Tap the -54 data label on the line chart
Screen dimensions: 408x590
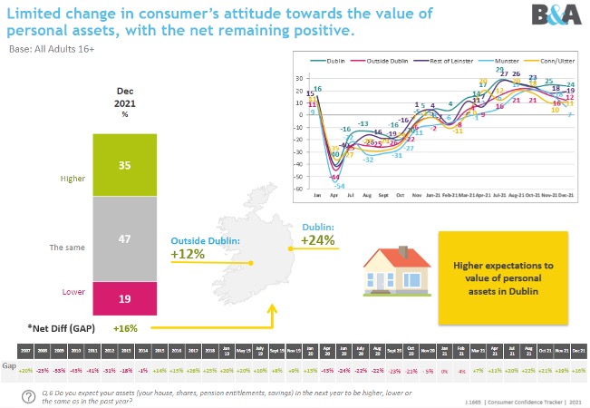pos(339,186)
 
